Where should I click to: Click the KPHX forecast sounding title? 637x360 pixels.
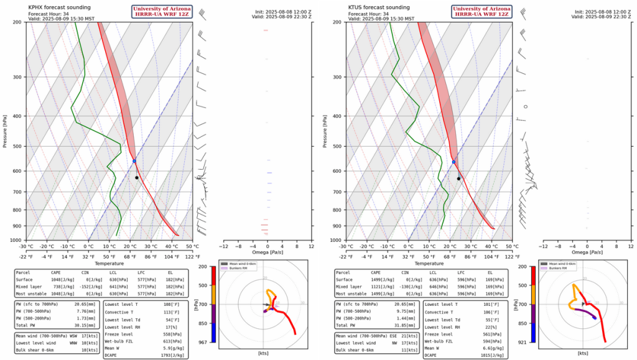(x=60, y=7)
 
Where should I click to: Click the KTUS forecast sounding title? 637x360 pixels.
(x=379, y=7)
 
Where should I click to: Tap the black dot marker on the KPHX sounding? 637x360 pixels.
(x=137, y=178)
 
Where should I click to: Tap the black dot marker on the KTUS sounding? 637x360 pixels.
(x=458, y=178)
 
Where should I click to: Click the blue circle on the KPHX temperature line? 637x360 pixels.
(x=134, y=161)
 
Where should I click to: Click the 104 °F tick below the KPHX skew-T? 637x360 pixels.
(x=172, y=257)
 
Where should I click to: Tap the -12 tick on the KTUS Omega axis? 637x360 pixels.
(x=542, y=246)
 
